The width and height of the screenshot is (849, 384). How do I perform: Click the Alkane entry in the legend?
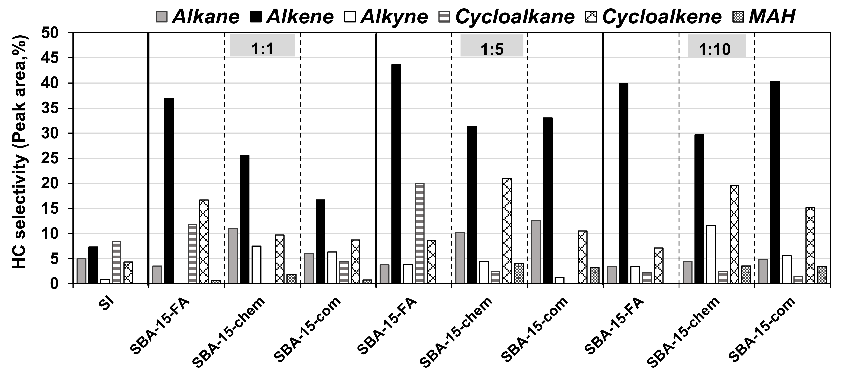tap(198, 17)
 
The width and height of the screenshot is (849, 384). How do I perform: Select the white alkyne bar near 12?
tap(711, 254)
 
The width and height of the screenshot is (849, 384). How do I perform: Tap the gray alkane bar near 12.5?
tap(536, 252)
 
